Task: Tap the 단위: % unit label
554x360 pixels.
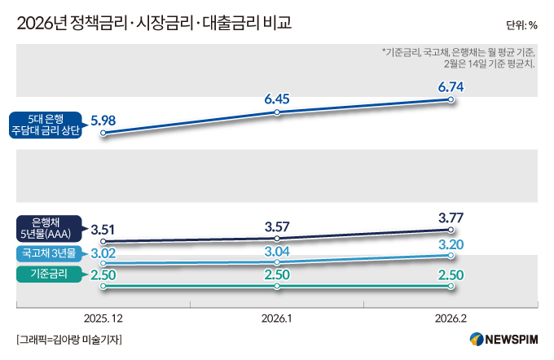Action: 521,24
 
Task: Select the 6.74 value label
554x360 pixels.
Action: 451,86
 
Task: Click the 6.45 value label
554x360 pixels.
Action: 277,99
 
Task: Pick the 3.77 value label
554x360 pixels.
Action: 451,217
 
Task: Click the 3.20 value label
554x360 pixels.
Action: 451,244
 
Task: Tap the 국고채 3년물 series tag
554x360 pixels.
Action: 48,254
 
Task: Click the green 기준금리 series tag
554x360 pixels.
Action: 48,275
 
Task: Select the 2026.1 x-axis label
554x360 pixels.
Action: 277,318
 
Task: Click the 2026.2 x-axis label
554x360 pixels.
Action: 451,318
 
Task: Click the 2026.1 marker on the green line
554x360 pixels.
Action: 277,287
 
